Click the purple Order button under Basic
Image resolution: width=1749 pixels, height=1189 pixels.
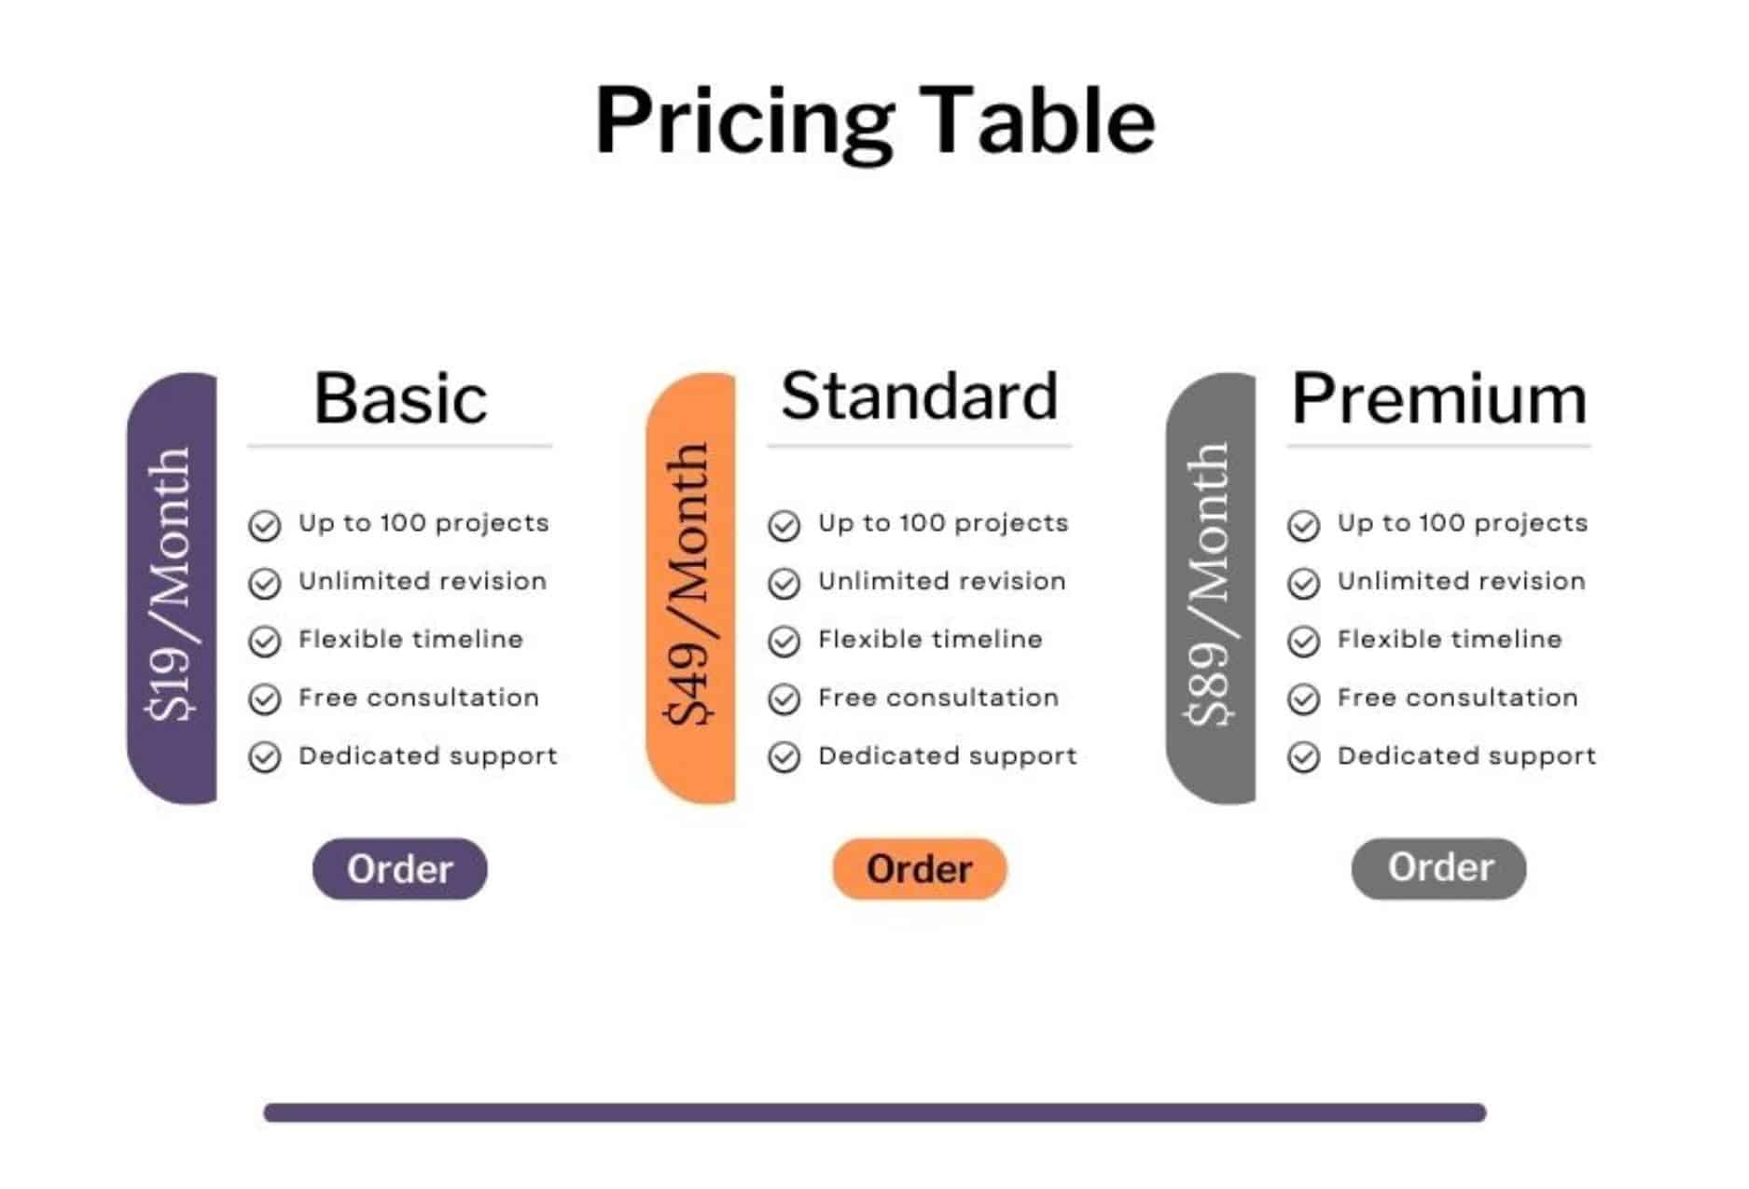[399, 868]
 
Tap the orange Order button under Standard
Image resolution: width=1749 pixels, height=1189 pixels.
[920, 868]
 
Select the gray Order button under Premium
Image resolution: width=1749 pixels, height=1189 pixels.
[1439, 868]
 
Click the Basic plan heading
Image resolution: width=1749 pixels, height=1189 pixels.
[400, 398]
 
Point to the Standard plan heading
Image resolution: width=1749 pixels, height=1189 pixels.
[920, 396]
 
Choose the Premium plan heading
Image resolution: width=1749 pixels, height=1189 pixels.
[1439, 399]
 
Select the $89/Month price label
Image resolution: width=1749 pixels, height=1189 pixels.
[1209, 585]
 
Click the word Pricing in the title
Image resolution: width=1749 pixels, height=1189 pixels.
[745, 122]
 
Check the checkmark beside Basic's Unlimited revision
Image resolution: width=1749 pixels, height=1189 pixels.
[265, 584]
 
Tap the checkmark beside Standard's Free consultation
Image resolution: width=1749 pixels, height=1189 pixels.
[784, 699]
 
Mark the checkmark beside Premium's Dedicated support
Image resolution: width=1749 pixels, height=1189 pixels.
[1304, 757]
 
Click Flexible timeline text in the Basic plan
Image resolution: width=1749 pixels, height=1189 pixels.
[410, 639]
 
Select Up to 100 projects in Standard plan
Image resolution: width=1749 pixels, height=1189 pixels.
[943, 524]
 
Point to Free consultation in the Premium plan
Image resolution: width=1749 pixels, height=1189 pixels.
[1458, 698]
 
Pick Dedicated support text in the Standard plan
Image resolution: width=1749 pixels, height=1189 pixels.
[948, 756]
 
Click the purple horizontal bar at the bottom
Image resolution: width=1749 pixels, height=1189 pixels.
[875, 1113]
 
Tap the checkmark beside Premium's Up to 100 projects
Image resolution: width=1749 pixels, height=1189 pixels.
[1304, 526]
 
